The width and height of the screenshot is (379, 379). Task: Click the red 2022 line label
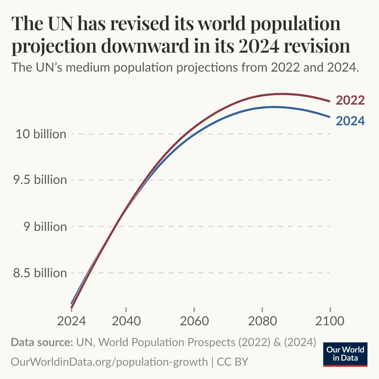coord(350,100)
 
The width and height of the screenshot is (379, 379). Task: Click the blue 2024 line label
coord(350,121)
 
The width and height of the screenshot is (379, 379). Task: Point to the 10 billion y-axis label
coord(41,134)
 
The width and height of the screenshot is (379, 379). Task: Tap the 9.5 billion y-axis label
coord(40,180)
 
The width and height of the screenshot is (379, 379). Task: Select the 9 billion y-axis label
coord(45,227)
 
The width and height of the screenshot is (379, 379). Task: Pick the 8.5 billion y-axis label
coord(40,273)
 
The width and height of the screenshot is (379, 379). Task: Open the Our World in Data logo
coord(345,354)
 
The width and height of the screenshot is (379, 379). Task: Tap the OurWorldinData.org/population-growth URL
coord(109,361)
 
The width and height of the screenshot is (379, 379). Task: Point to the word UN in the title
coord(56,24)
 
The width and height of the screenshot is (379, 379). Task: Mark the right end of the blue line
coord(330,117)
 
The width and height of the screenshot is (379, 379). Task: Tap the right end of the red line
coord(330,101)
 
